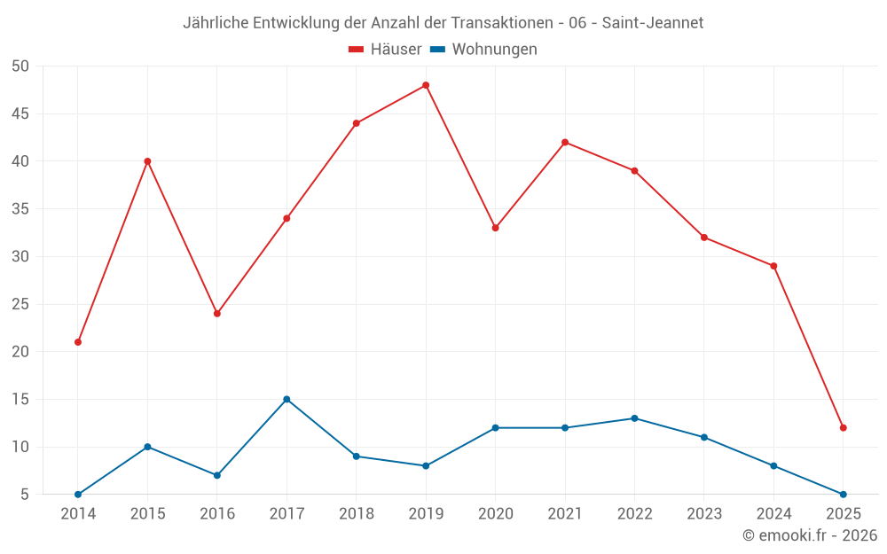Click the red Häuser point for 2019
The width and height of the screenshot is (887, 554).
pyautogui.click(x=426, y=85)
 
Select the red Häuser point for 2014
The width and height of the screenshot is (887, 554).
pyautogui.click(x=78, y=342)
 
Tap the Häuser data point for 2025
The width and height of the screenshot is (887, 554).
pyautogui.click(x=844, y=428)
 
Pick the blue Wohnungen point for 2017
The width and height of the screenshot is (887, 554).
pyautogui.click(x=287, y=399)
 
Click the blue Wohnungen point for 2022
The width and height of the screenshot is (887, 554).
pyautogui.click(x=634, y=418)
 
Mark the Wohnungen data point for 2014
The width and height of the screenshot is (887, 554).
pyautogui.click(x=78, y=495)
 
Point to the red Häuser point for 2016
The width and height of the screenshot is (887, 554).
pyautogui.click(x=217, y=314)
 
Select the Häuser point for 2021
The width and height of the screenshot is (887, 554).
pyautogui.click(x=565, y=142)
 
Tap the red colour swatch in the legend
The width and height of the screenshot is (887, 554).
pyautogui.click(x=357, y=50)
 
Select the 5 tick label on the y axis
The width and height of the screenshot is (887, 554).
pyautogui.click(x=25, y=495)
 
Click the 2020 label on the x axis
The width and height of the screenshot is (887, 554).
pyautogui.click(x=496, y=514)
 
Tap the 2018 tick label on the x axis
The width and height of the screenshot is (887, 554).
pyautogui.click(x=357, y=514)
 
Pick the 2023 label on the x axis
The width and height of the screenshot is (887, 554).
pyautogui.click(x=704, y=514)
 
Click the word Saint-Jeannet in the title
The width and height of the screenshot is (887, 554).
pyautogui.click(x=653, y=23)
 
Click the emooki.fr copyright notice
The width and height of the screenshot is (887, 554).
pyautogui.click(x=809, y=535)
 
